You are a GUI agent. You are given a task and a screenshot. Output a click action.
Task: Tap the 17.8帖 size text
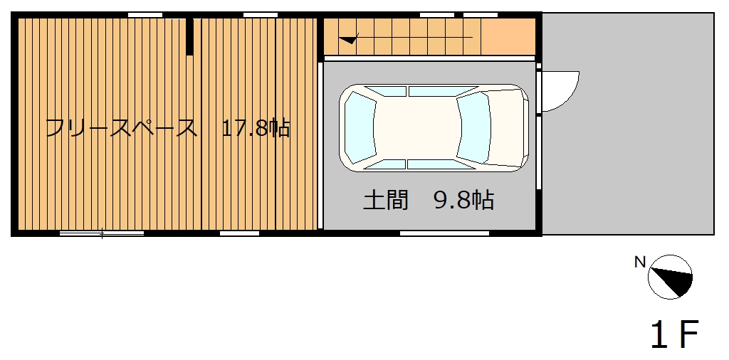(256, 128)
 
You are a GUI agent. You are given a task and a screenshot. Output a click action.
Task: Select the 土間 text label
(385, 201)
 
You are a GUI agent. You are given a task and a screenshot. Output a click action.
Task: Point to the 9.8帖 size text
(463, 201)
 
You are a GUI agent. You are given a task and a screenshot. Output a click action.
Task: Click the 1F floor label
(675, 334)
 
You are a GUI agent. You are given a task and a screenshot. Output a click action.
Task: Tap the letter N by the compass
(640, 263)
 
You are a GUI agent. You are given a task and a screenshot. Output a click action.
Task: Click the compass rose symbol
(670, 277)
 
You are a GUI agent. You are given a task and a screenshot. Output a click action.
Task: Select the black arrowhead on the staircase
(349, 40)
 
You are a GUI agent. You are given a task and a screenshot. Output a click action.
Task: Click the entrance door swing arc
(572, 96)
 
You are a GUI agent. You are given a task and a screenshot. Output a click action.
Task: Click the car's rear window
(360, 128)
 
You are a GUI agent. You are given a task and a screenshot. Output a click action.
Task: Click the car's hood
(507, 128)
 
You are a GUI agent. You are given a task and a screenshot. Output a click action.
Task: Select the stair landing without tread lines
(508, 37)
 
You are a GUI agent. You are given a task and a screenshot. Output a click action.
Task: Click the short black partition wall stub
(189, 37)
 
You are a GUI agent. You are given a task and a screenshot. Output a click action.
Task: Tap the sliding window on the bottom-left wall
(102, 233)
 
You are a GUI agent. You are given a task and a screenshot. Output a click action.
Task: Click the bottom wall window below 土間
(444, 233)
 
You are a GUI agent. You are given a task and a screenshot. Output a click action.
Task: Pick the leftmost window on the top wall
(145, 15)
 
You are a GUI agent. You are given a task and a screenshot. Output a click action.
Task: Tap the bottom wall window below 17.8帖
(239, 233)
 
